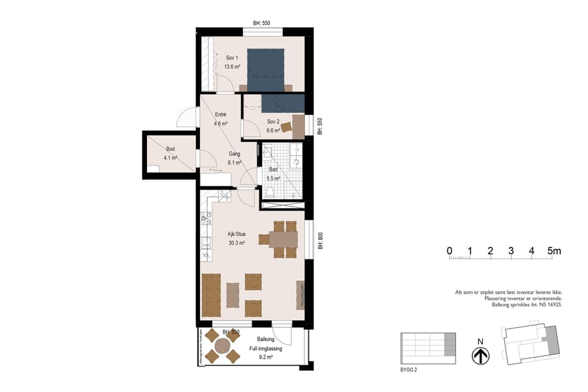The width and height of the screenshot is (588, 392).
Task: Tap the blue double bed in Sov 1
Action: pyautogui.click(x=265, y=69)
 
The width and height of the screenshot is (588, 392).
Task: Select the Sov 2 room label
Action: pyautogui.click(x=273, y=122)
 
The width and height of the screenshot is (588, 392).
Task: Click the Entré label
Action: pyautogui.click(x=220, y=115)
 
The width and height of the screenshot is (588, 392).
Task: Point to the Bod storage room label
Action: pyautogui.click(x=152, y=149)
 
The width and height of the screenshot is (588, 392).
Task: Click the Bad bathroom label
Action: pyautogui.click(x=273, y=169)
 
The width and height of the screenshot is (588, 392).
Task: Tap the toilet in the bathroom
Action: pyautogui.click(x=270, y=190)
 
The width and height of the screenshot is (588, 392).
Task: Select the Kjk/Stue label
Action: pyautogui.click(x=237, y=233)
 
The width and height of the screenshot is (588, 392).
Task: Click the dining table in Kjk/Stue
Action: pyautogui.click(x=283, y=239)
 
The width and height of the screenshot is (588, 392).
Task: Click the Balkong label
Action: pyautogui.click(x=266, y=340)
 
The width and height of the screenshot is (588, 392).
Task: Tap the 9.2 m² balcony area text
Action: pyautogui.click(x=265, y=358)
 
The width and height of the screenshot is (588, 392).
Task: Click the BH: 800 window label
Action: pyautogui.click(x=320, y=242)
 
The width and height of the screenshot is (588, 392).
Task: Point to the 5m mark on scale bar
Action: pyautogui.click(x=553, y=251)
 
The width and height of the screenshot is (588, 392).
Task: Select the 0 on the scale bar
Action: pyautogui.click(x=449, y=251)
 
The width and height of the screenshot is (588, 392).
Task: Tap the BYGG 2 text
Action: pyautogui.click(x=409, y=370)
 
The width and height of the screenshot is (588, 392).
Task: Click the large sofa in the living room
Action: pyautogui.click(x=211, y=295)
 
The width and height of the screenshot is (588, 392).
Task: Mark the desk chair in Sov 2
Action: pyautogui.click(x=286, y=127)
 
